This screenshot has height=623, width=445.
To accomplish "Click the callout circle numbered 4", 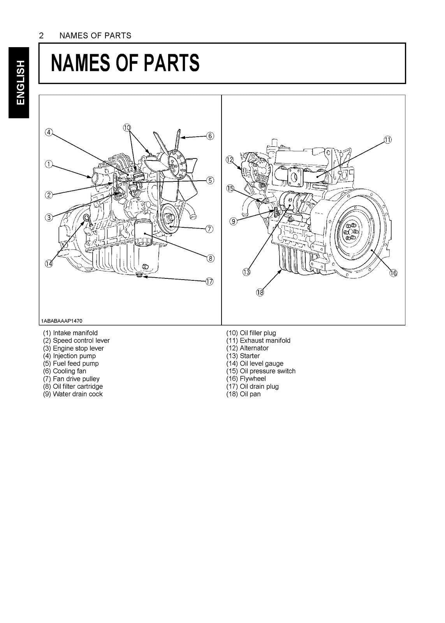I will click(x=48, y=132).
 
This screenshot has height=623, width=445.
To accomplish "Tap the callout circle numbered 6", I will click(x=209, y=136).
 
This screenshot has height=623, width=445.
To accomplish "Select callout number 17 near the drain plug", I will click(x=209, y=282).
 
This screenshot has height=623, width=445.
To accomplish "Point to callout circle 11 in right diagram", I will click(x=388, y=140).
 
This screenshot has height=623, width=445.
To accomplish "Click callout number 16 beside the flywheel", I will click(x=393, y=273).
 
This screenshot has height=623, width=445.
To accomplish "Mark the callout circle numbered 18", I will click(x=260, y=292).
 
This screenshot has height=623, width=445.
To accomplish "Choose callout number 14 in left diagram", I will click(x=48, y=264).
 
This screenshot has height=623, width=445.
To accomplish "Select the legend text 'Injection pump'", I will click(x=74, y=356).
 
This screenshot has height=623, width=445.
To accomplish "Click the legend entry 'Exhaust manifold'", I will click(x=265, y=341).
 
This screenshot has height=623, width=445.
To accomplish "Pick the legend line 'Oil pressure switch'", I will click(x=267, y=371).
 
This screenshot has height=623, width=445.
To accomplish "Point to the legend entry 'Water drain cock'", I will click(x=77, y=394).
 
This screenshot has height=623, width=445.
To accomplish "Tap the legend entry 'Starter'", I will click(x=250, y=356).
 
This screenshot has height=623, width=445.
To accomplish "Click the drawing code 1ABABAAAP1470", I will click(x=61, y=321).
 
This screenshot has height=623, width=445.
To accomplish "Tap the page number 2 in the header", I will click(x=41, y=36).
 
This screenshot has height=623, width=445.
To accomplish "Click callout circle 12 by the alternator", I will click(x=230, y=159).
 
